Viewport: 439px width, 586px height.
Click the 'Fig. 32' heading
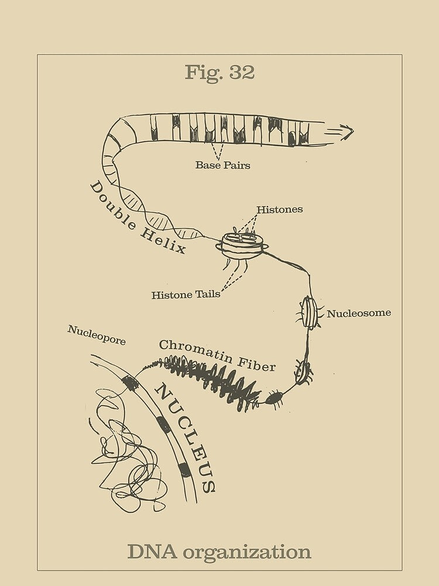tap(220, 72)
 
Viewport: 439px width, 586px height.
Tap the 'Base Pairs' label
tap(223, 165)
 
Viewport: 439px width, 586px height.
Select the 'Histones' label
tap(280, 209)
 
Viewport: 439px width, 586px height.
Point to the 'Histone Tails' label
tap(186, 295)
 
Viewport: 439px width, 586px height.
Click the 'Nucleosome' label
tap(359, 313)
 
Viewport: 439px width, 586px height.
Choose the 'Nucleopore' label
tap(97, 335)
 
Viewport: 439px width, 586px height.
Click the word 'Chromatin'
tap(196, 350)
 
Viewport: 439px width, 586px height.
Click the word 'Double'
tap(113, 206)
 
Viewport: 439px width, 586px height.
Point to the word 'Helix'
tap(163, 241)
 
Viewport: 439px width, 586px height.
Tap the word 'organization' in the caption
tap(247, 553)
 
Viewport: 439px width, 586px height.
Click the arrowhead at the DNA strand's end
tap(348, 132)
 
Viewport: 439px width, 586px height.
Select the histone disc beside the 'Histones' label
tap(242, 246)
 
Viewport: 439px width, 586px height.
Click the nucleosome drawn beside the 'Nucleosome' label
tap(310, 312)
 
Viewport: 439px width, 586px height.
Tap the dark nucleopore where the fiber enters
tap(130, 383)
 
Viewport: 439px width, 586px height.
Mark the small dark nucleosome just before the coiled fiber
tap(275, 399)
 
